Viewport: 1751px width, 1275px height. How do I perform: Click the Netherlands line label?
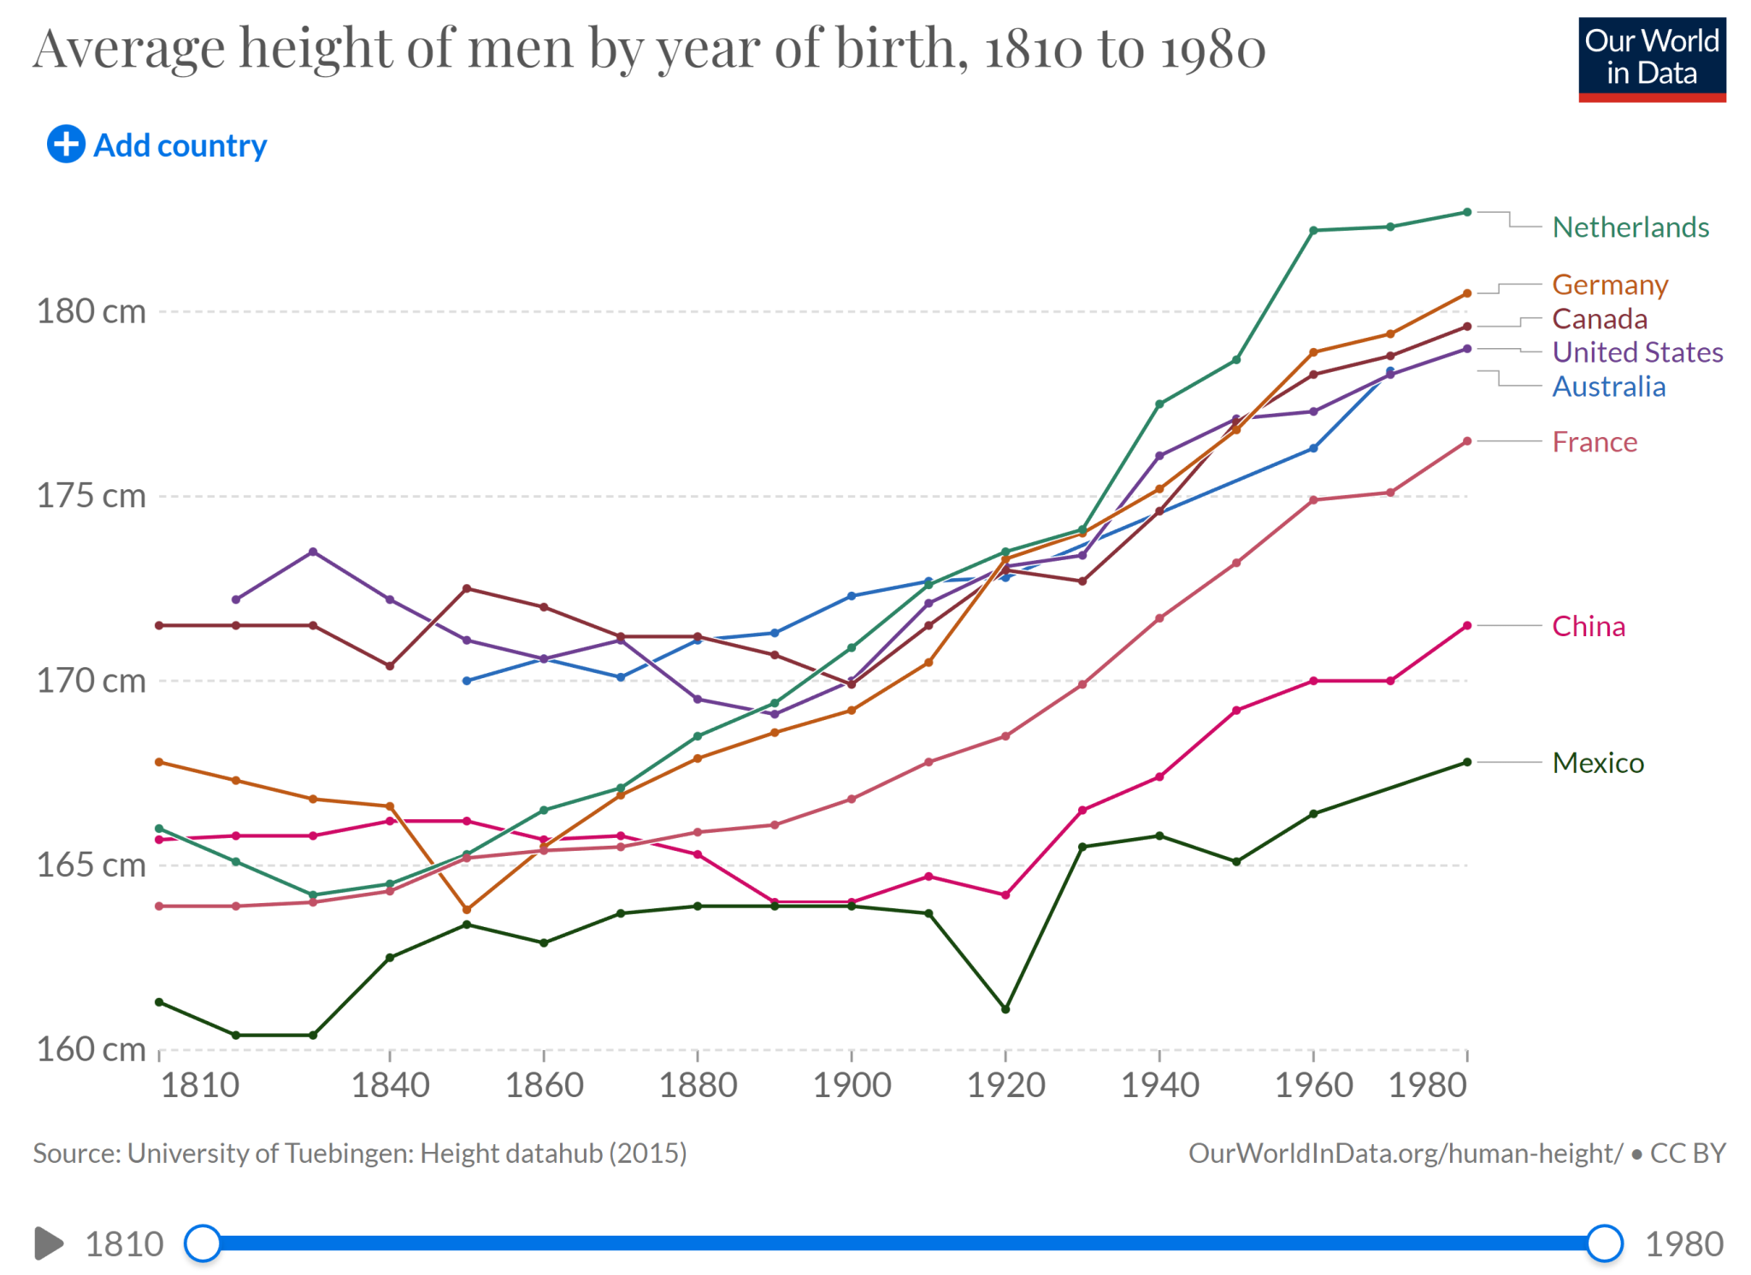[x=1630, y=227]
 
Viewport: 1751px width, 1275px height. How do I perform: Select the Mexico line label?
[x=1597, y=762]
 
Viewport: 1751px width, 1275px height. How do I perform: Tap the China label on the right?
[x=1588, y=626]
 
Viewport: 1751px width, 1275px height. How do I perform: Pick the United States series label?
[x=1636, y=351]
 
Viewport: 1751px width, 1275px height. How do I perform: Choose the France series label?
[x=1594, y=441]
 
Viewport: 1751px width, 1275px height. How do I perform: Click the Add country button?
[x=157, y=145]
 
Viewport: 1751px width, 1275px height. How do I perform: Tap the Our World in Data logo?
[x=1651, y=59]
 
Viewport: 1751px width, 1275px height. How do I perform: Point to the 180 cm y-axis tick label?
[x=91, y=311]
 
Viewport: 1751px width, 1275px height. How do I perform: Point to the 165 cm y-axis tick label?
[x=91, y=865]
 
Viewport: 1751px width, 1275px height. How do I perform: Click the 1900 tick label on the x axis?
[x=852, y=1085]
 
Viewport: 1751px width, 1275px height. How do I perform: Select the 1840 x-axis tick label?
[x=390, y=1085]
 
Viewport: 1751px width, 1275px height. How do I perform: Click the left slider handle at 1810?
[x=203, y=1243]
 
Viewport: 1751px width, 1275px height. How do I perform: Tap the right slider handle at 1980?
[x=1604, y=1243]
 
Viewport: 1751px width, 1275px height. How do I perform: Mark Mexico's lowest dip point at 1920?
[x=1005, y=1009]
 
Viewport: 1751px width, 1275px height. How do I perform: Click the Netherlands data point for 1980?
[x=1467, y=212]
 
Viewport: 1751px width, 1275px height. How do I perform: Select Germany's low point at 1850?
[x=467, y=909]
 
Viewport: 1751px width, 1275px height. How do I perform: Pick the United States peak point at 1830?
[x=313, y=552]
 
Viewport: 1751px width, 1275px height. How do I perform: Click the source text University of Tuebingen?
[x=359, y=1154]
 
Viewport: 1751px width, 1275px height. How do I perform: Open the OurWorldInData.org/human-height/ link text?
[x=1405, y=1154]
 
